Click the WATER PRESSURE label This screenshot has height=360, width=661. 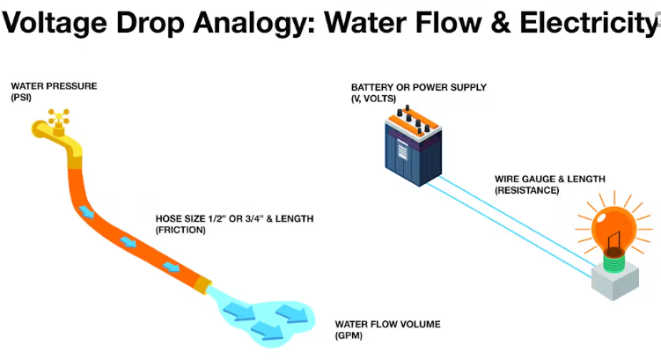[x=54, y=86]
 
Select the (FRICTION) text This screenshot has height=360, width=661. [x=180, y=230]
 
